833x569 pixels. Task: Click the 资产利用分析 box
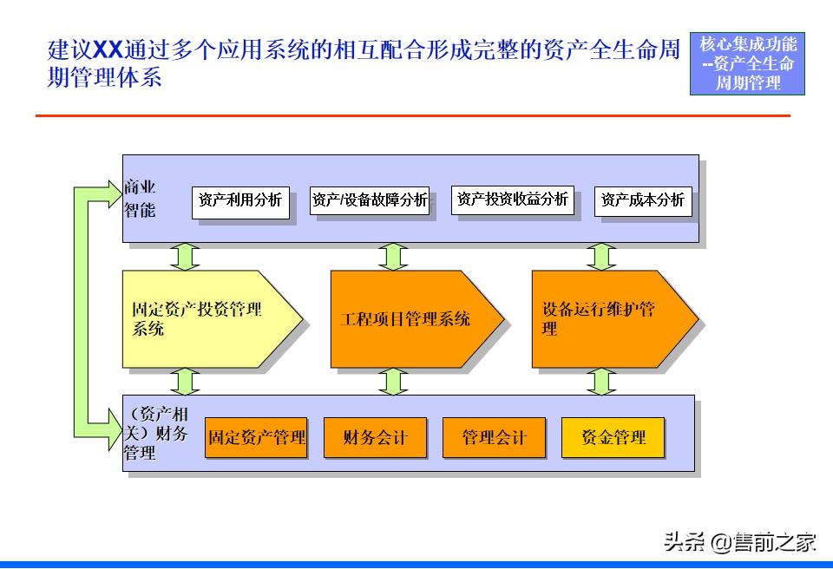pyautogui.click(x=240, y=200)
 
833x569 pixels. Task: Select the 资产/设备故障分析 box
pyautogui.click(x=370, y=200)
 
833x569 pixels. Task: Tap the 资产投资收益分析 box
pyautogui.click(x=513, y=199)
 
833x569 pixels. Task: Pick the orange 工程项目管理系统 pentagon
pyautogui.click(x=408, y=318)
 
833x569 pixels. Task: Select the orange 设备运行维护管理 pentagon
pyautogui.click(x=607, y=318)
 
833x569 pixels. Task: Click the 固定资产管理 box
pyautogui.click(x=256, y=437)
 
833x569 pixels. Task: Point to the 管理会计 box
pyautogui.click(x=494, y=437)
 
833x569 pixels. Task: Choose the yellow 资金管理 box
pyautogui.click(x=613, y=437)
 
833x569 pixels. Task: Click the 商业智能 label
pyautogui.click(x=140, y=199)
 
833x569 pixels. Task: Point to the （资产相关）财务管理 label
pyautogui.click(x=156, y=433)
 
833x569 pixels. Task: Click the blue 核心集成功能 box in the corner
pyautogui.click(x=747, y=63)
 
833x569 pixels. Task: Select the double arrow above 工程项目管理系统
pyautogui.click(x=393, y=257)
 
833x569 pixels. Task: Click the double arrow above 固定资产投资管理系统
pyautogui.click(x=185, y=257)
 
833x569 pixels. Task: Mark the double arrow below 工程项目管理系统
pyautogui.click(x=393, y=381)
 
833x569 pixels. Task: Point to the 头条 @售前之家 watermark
pyautogui.click(x=740, y=543)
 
